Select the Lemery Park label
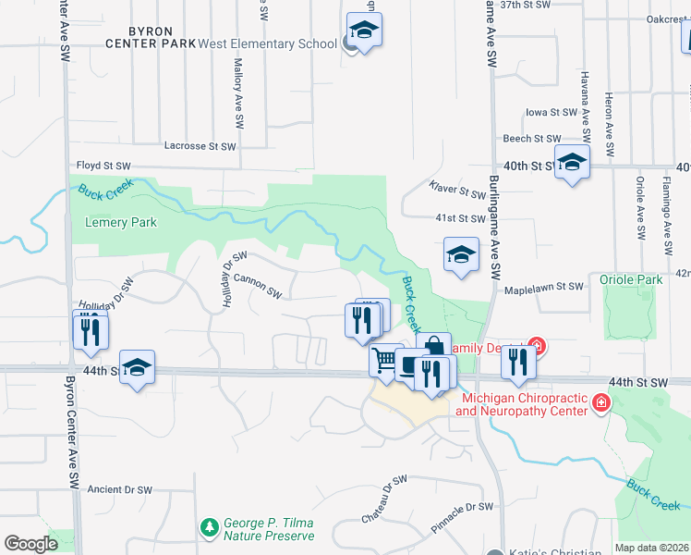click(x=120, y=222)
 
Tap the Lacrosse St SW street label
click(x=200, y=146)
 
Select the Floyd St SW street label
click(x=103, y=166)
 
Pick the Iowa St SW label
click(x=551, y=113)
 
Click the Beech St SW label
click(x=530, y=139)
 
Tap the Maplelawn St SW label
click(x=543, y=289)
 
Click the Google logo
click(x=30, y=543)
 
